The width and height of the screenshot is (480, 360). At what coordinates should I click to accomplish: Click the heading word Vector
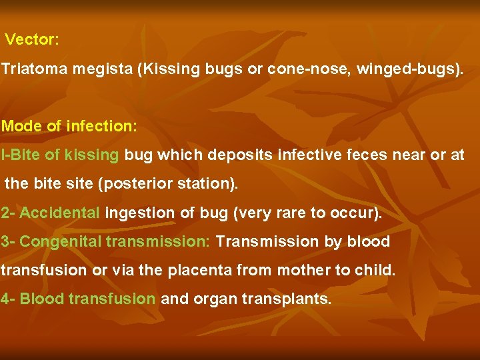click(32, 40)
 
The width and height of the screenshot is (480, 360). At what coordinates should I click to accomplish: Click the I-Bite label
click(20, 155)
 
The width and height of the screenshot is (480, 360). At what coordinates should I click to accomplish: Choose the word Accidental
click(60, 213)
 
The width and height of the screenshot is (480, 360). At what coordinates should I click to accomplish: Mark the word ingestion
click(135, 213)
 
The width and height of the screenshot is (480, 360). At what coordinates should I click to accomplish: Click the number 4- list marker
click(8, 299)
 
